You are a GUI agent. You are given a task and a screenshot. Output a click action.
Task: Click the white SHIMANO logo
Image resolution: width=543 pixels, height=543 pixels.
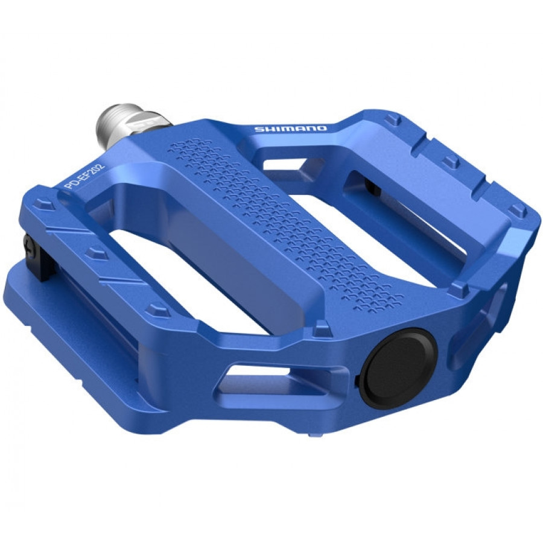291,129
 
